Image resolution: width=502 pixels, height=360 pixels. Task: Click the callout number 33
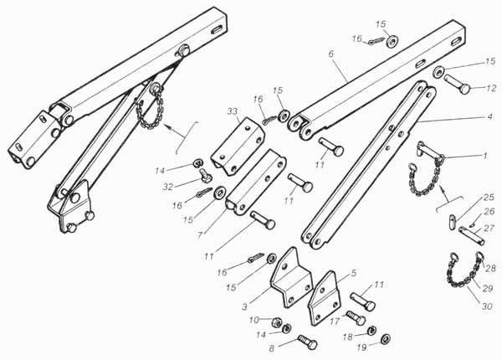point(231,111)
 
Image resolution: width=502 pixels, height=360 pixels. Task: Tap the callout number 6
point(331,52)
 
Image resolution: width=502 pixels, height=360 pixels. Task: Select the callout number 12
point(491,88)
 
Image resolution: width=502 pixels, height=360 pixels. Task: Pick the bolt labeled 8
point(306,341)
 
